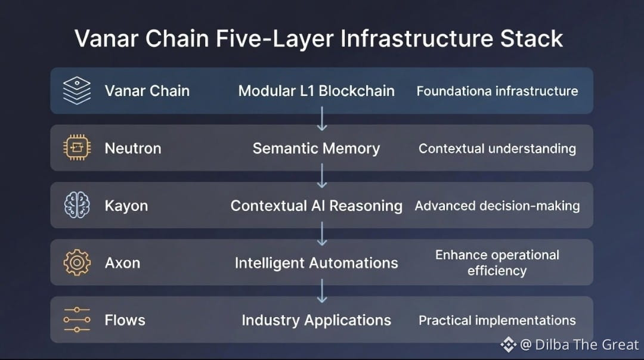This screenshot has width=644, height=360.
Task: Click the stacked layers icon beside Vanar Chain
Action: pos(77,91)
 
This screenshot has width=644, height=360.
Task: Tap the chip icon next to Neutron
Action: pos(77,148)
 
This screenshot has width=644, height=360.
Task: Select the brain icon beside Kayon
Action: pos(77,206)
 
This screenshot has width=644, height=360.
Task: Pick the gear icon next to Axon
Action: pos(77,263)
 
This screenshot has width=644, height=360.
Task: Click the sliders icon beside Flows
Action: pos(77,320)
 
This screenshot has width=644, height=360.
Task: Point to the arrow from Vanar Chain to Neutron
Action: pos(322,119)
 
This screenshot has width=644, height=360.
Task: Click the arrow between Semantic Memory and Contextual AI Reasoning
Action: pos(322,176)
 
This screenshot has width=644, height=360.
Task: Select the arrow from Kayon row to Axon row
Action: pos(322,234)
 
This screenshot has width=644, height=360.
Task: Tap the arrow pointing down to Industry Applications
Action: pos(322,291)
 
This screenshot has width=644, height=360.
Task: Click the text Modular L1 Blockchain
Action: pos(316,91)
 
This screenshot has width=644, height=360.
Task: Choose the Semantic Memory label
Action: pos(316,148)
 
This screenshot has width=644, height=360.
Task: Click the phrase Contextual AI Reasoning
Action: pos(316,206)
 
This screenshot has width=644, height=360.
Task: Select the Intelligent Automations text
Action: pos(316,263)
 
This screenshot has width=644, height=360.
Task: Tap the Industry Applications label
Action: pos(316,320)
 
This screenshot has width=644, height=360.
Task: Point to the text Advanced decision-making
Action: pos(497,206)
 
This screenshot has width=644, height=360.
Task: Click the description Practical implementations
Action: pos(497,320)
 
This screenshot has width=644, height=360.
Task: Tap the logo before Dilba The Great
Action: pos(508,344)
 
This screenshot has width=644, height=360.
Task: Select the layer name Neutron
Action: pos(133,148)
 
